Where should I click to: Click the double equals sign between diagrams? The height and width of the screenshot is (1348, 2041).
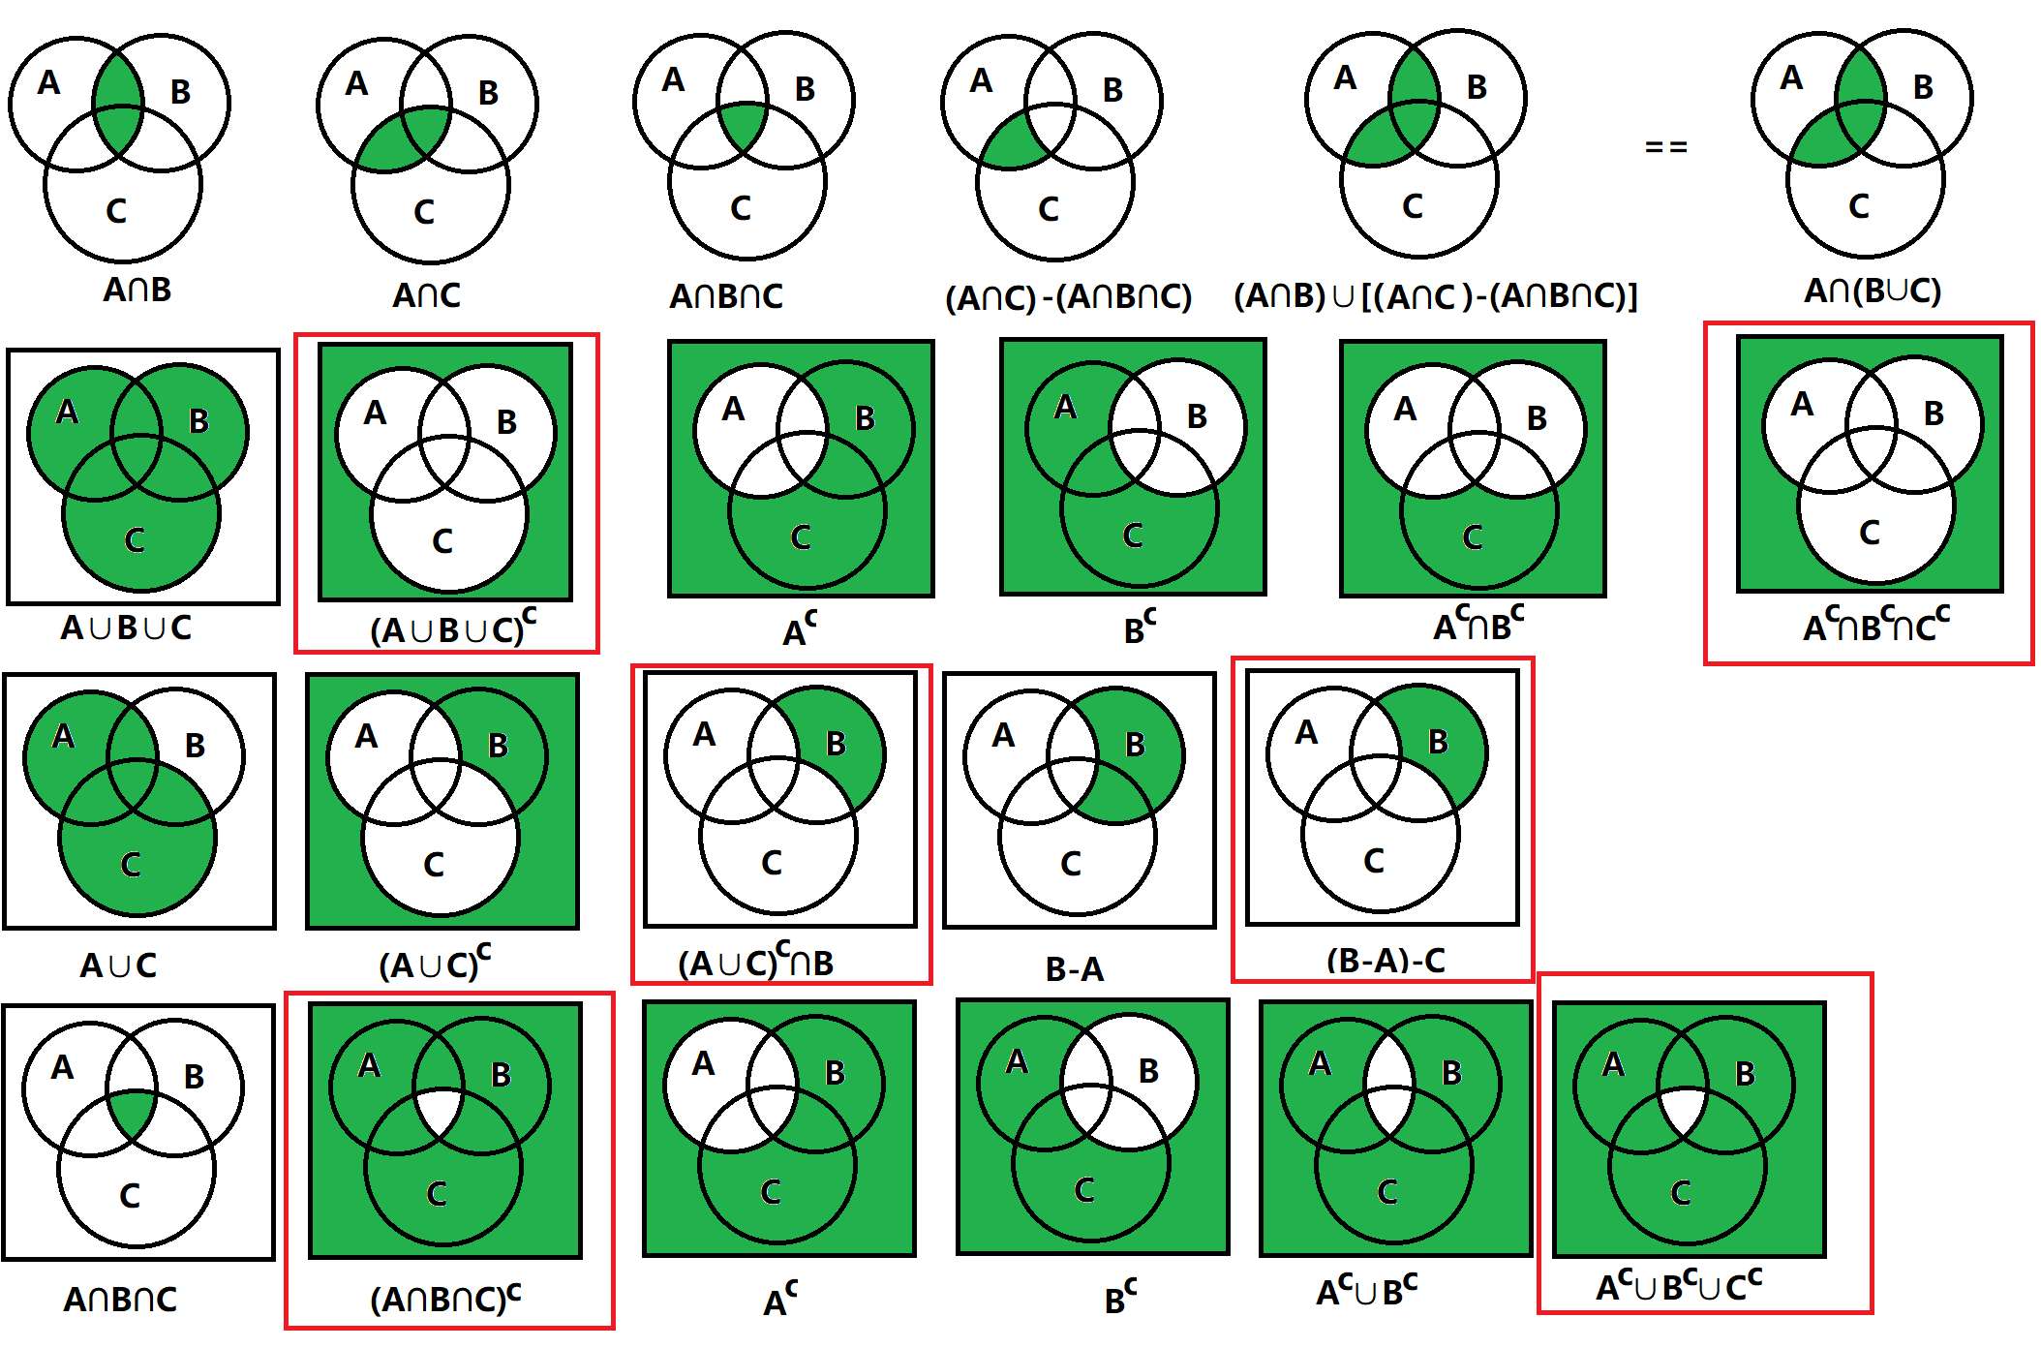click(1665, 147)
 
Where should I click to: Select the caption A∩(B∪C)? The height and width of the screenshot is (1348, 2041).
click(1872, 290)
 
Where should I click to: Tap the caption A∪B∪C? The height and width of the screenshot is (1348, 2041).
click(126, 628)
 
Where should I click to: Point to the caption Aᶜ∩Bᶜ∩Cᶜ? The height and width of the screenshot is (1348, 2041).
click(1875, 626)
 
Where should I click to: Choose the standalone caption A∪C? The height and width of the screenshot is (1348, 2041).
click(118, 965)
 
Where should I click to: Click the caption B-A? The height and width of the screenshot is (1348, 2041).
click(1074, 968)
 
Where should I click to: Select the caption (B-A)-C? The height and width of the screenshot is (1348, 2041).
click(1386, 961)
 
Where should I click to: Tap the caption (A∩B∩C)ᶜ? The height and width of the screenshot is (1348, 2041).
click(444, 1298)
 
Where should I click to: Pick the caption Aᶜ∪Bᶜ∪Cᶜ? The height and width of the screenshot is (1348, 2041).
click(1678, 1286)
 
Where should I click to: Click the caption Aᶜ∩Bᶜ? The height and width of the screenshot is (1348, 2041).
click(1477, 626)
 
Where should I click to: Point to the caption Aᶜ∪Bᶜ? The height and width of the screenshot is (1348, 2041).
click(1365, 1290)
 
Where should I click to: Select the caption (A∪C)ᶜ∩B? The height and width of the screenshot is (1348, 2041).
click(755, 963)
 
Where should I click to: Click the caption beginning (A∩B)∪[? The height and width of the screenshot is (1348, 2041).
click(1435, 295)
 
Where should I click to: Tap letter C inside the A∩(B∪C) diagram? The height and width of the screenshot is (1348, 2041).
click(1858, 205)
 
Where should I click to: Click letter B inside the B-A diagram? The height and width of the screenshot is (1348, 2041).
click(1135, 744)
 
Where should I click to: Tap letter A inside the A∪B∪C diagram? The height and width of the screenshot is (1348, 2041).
click(67, 412)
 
